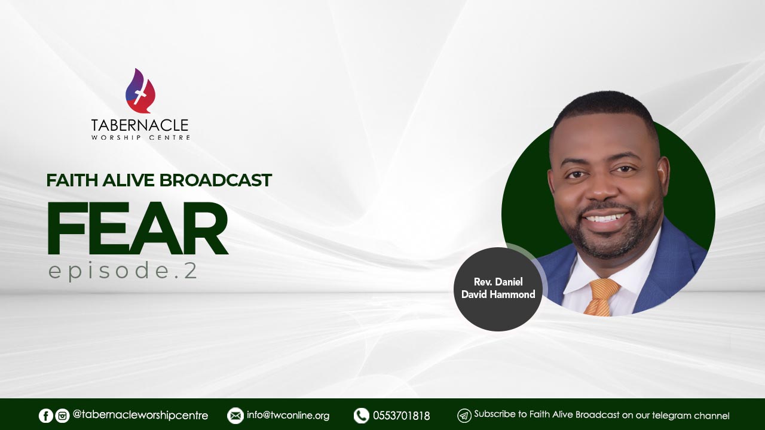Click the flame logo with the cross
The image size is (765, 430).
tap(140, 91)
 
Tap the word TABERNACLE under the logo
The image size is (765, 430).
tap(140, 125)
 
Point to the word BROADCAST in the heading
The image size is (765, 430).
tap(216, 180)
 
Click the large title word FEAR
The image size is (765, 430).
tap(137, 228)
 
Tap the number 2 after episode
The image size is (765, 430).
tap(191, 271)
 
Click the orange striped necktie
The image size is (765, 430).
tap(601, 297)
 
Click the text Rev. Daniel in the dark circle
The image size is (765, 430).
tap(498, 282)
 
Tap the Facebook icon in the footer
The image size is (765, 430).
tap(46, 416)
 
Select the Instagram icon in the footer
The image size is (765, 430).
tap(62, 416)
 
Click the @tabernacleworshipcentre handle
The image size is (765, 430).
tap(140, 415)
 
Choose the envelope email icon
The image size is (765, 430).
tap(235, 416)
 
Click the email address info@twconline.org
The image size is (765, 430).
tap(288, 415)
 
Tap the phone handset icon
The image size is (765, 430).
tap(362, 416)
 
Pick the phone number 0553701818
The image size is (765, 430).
tap(401, 416)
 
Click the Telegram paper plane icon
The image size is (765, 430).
tap(464, 416)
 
